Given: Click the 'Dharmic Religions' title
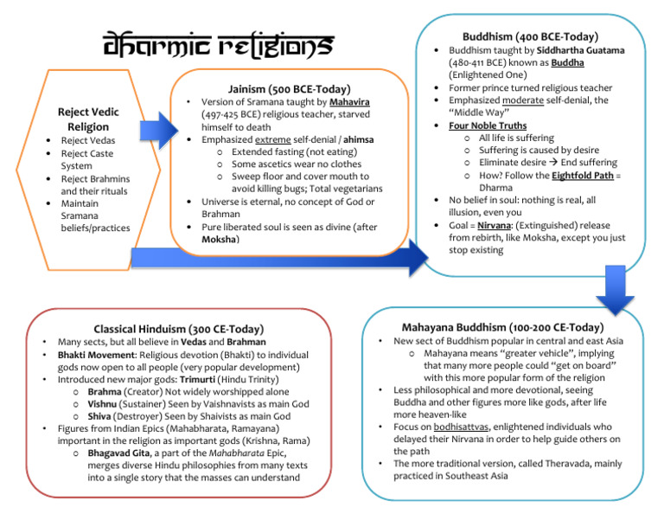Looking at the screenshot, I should [x=214, y=44].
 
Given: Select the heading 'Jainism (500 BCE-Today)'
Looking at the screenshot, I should [x=289, y=89].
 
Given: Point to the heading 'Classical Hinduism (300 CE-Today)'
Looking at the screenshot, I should [x=178, y=329].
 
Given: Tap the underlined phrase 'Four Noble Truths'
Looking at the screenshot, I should [x=487, y=125].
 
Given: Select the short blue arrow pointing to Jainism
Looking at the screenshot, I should [x=157, y=132].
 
